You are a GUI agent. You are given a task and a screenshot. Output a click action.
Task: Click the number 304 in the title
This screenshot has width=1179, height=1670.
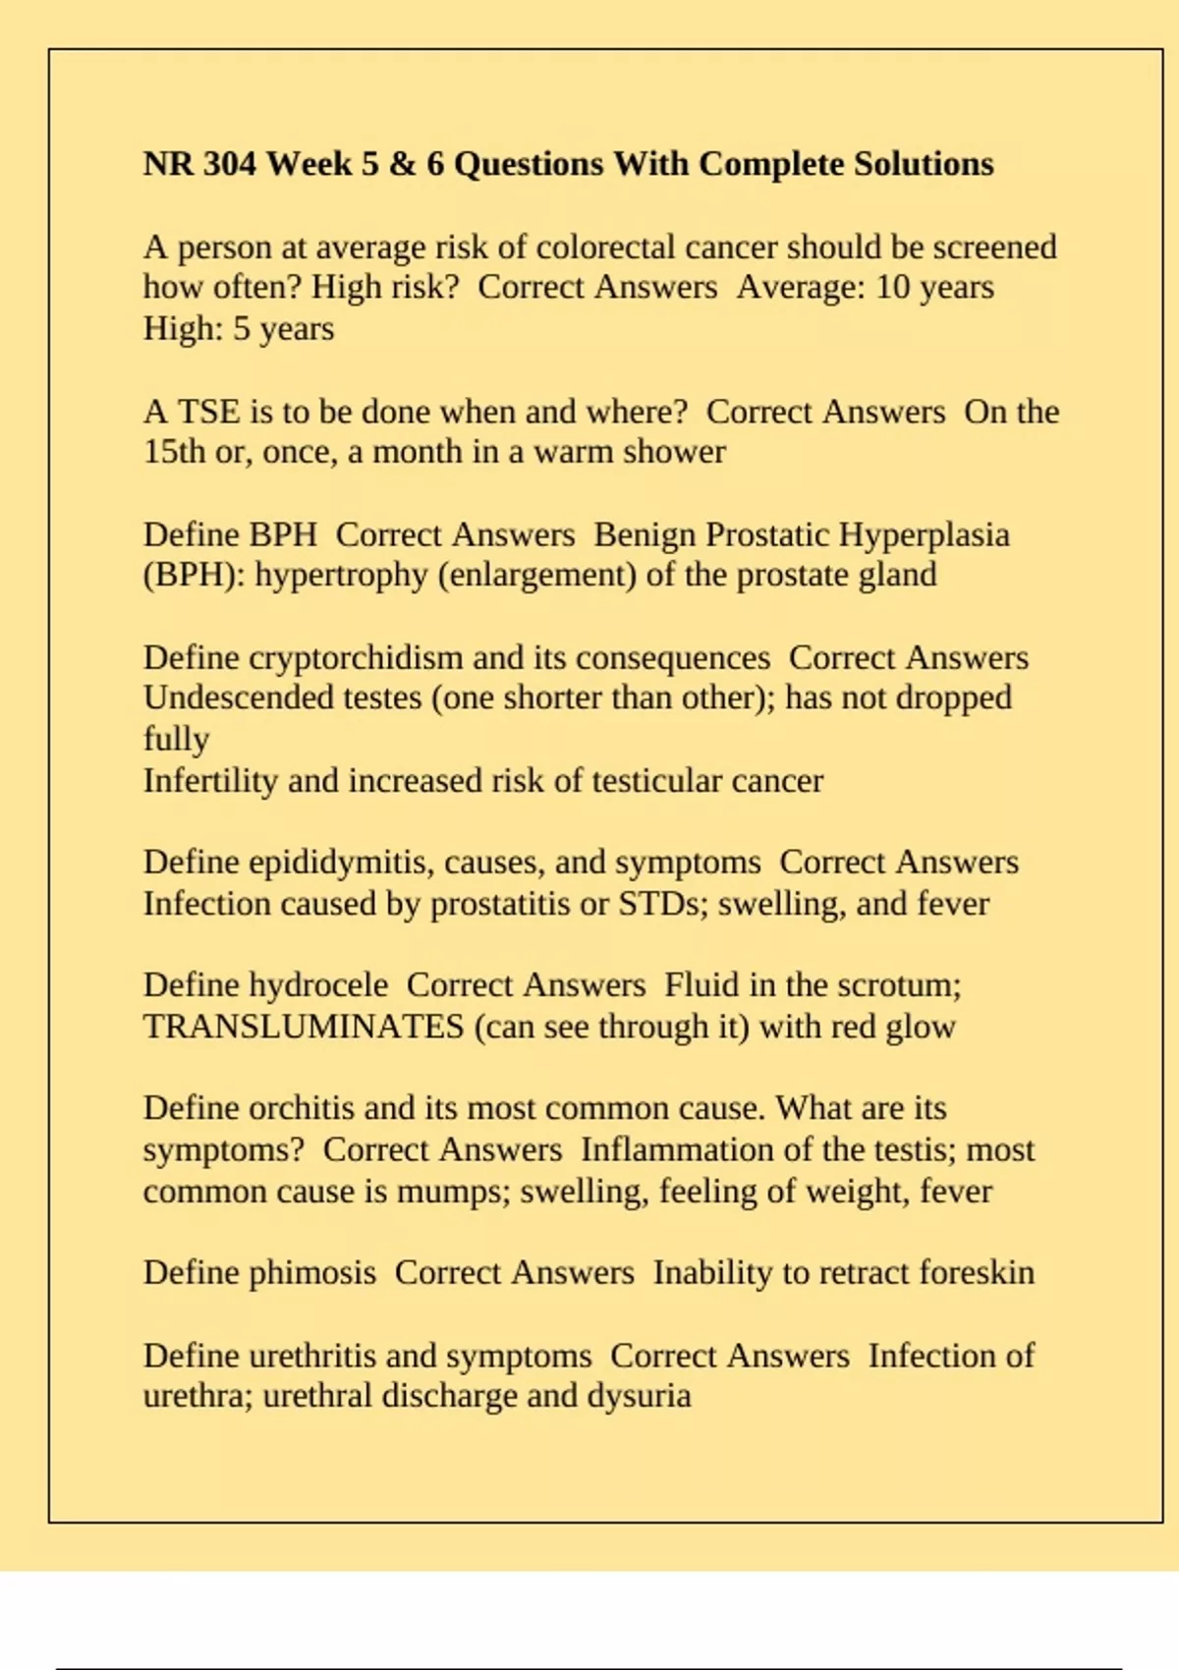[229, 163]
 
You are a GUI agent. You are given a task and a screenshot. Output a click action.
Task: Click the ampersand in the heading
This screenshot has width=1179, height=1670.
[402, 163]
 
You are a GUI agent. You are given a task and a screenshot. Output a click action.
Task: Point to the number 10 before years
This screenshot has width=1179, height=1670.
[892, 287]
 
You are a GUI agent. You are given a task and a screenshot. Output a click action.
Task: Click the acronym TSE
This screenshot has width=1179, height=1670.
[208, 412]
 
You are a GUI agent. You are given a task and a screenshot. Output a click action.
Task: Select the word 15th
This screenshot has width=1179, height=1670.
[174, 452]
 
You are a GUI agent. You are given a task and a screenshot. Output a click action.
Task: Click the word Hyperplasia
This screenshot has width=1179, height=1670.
[924, 534]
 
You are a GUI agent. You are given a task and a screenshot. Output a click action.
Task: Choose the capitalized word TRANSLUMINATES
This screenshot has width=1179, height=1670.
[304, 1027]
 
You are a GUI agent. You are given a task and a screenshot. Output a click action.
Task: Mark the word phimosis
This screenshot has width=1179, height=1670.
[312, 1273]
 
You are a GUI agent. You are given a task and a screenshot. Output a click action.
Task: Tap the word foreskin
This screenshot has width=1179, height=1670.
[977, 1273]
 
